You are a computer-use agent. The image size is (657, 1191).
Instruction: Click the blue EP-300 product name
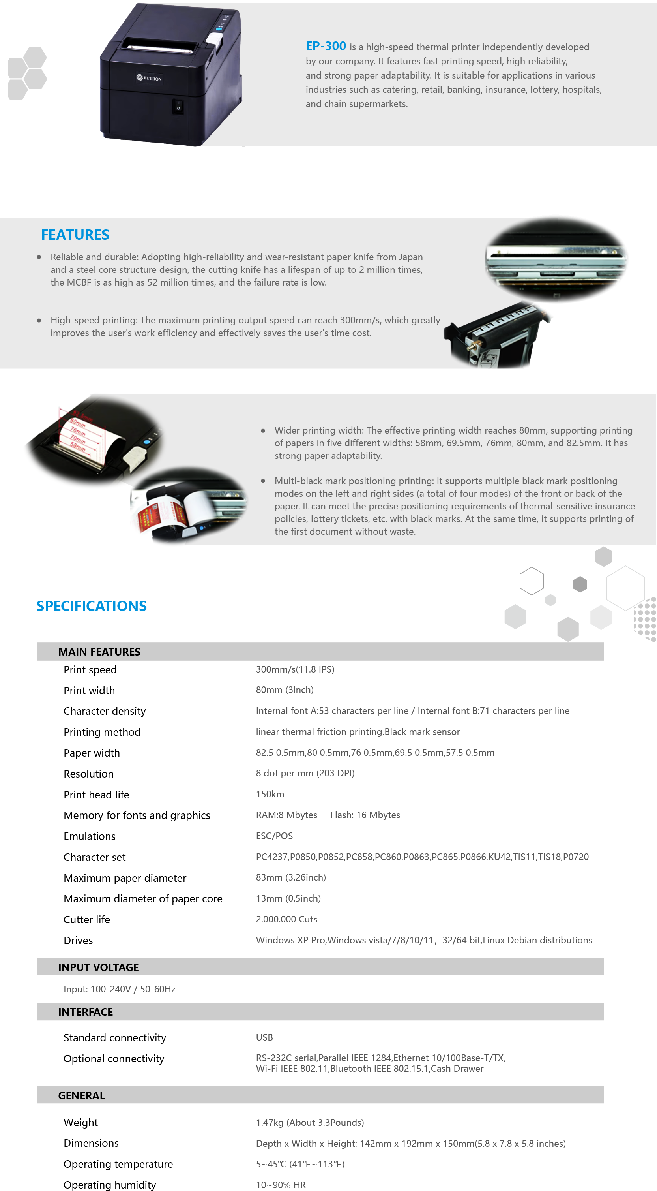point(326,46)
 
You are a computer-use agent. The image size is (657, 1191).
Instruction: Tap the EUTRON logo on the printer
point(149,78)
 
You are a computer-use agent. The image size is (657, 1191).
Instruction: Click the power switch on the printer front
point(178,105)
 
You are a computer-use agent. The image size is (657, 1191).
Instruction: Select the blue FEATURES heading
point(75,235)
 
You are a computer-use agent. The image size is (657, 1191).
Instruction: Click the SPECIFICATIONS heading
point(92,606)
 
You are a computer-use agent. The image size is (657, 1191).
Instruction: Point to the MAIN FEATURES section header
point(99,652)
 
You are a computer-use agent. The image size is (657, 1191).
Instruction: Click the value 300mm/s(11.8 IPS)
point(295,669)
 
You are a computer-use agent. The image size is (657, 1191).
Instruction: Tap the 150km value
point(270,794)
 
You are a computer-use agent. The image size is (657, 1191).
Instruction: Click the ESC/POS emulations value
point(274,836)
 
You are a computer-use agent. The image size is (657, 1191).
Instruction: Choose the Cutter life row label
point(87,919)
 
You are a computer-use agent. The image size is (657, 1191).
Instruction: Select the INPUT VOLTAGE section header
point(98,967)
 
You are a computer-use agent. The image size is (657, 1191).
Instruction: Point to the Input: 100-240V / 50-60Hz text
point(119,989)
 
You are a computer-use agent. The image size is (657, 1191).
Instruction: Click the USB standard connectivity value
point(264,1037)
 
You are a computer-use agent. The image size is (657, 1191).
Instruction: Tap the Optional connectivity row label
point(114,1058)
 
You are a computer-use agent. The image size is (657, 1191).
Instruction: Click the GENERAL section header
point(81,1095)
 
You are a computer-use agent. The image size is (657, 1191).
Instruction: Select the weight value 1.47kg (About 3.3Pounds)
point(309,1122)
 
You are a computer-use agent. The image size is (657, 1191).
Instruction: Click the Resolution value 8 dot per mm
point(305,773)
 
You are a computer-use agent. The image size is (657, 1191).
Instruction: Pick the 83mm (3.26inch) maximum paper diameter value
point(290,877)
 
